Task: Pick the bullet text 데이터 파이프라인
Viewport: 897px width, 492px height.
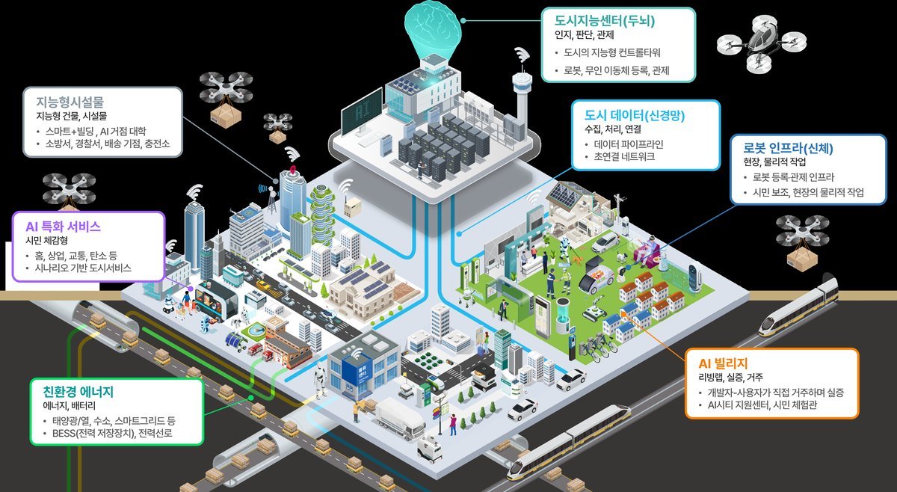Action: coord(629,144)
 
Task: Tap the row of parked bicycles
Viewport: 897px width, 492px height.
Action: coord(598,346)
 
